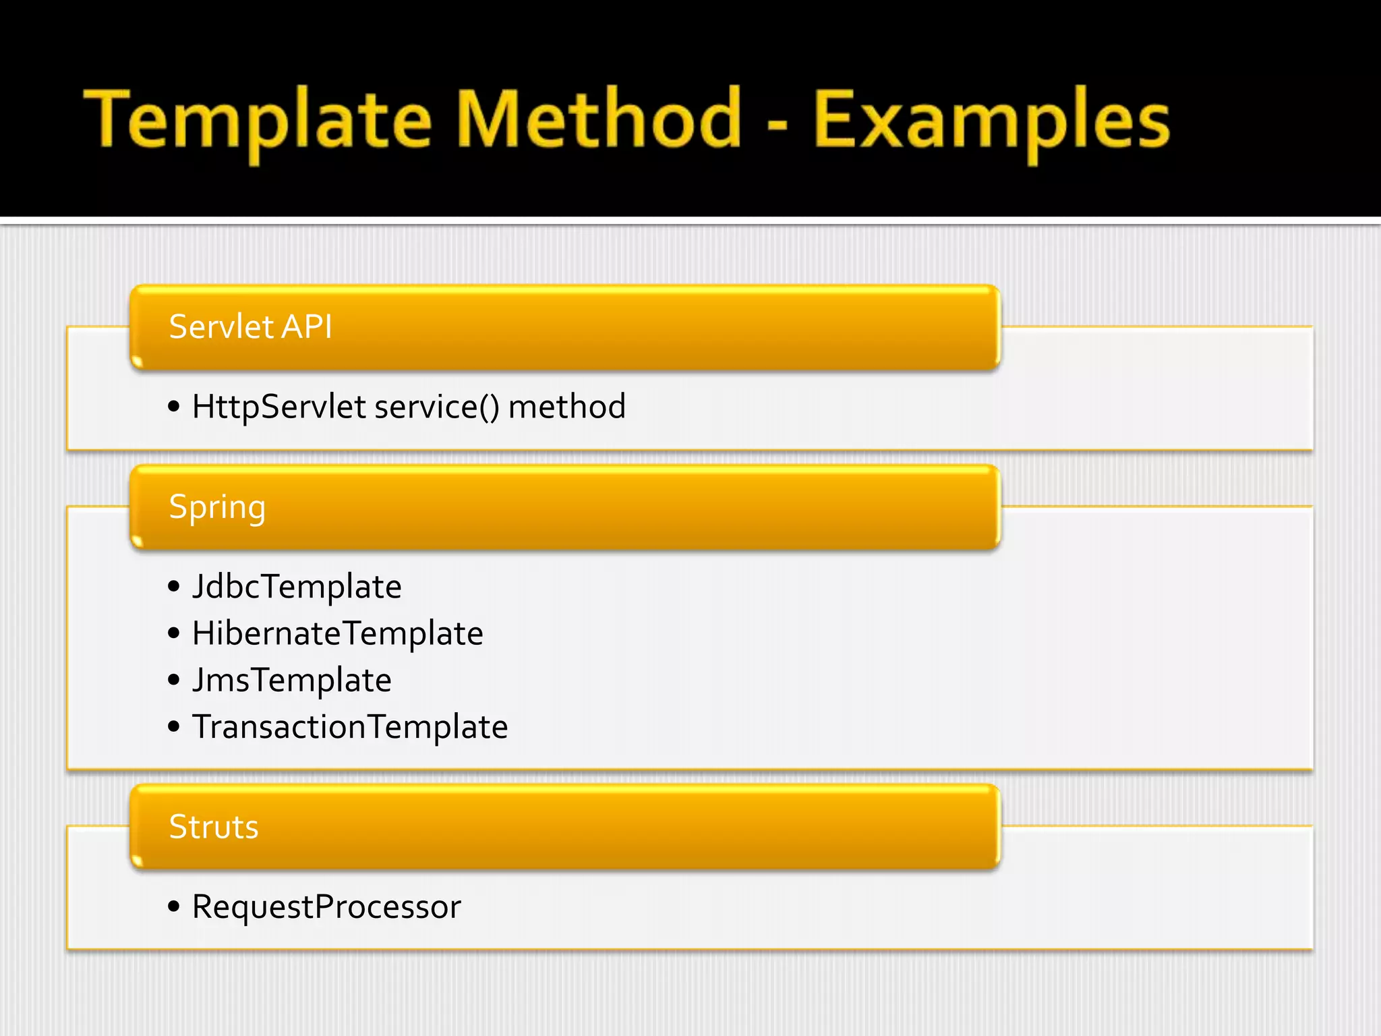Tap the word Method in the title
click(x=599, y=120)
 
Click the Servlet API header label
click(x=250, y=327)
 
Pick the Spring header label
click(x=217, y=508)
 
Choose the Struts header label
click(x=213, y=827)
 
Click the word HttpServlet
click(x=279, y=407)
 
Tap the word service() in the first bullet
click(x=437, y=407)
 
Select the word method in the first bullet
click(x=566, y=407)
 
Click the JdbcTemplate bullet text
click(x=297, y=586)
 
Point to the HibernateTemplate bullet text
click(x=337, y=633)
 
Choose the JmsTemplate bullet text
click(x=291, y=680)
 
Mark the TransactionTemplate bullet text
click(x=349, y=727)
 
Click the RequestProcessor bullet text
click(x=326, y=906)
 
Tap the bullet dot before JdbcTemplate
click(x=174, y=586)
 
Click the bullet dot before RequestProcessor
click(x=174, y=906)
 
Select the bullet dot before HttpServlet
click(x=174, y=407)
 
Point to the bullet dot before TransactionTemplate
click(x=174, y=727)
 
